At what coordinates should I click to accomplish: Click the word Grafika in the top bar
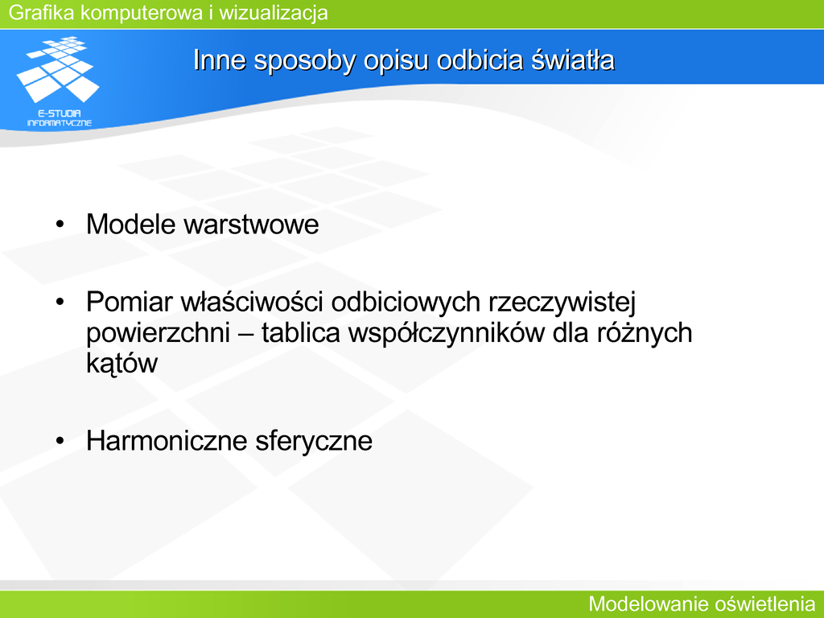(x=41, y=12)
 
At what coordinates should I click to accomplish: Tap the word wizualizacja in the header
(x=274, y=12)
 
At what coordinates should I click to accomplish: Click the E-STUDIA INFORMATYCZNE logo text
(x=59, y=118)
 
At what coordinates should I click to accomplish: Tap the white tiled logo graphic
(x=58, y=69)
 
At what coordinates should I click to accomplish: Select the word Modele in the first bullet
(x=131, y=225)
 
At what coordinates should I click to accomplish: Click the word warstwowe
(x=251, y=225)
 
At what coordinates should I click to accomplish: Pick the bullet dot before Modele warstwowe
(x=60, y=225)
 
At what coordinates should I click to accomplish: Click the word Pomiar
(x=130, y=303)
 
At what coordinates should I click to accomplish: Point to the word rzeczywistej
(x=562, y=303)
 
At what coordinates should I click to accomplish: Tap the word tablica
(x=301, y=332)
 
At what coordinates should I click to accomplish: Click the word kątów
(x=122, y=364)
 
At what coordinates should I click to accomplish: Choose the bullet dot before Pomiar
(x=60, y=303)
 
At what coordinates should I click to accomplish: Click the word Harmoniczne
(x=167, y=440)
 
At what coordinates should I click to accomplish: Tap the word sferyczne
(x=314, y=442)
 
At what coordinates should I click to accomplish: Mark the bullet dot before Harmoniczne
(x=60, y=441)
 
